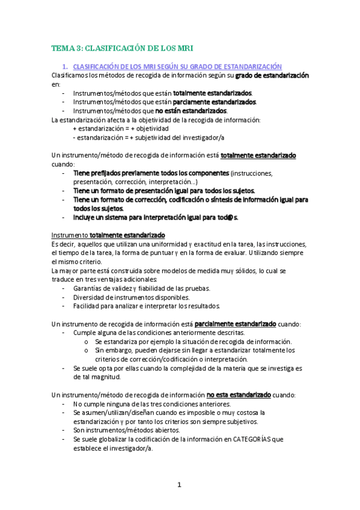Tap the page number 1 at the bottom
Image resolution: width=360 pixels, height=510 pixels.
(179, 485)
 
